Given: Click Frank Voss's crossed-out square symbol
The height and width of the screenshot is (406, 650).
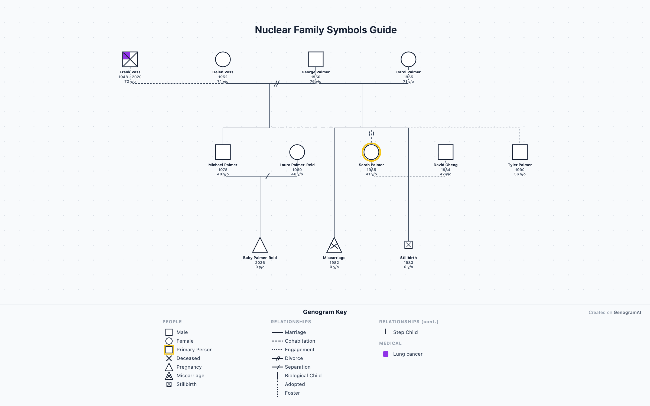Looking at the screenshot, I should point(130,59).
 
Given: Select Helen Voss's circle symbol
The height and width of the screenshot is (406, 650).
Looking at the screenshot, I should point(223,59).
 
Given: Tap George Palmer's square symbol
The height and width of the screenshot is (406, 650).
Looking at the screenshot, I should point(316,59).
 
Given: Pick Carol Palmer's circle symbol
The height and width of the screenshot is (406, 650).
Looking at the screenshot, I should point(408,59).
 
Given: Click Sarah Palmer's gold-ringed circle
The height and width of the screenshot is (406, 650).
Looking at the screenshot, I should point(371,152).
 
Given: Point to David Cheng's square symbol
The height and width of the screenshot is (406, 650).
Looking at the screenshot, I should point(446,152).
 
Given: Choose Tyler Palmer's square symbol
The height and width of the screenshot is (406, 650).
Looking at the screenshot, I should point(520,152).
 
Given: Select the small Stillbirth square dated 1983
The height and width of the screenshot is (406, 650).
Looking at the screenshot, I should point(408,245).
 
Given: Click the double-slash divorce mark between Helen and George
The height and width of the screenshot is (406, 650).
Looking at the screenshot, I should point(277,83).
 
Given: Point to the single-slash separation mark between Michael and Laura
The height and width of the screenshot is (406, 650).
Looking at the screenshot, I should point(268,176).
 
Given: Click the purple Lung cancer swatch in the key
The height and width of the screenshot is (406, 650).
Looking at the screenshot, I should point(386,354).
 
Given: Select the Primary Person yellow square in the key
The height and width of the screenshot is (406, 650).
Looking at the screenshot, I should point(169,350).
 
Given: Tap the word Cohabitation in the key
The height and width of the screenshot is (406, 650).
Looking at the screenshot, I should point(300,341).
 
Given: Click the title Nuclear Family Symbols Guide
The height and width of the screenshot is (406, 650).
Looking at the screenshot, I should point(326,30).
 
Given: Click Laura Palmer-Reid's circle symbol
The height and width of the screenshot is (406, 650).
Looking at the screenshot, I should point(297,152).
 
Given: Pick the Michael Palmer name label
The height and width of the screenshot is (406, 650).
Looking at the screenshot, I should point(223,165).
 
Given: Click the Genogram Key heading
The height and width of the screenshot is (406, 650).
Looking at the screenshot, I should point(325,312).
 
